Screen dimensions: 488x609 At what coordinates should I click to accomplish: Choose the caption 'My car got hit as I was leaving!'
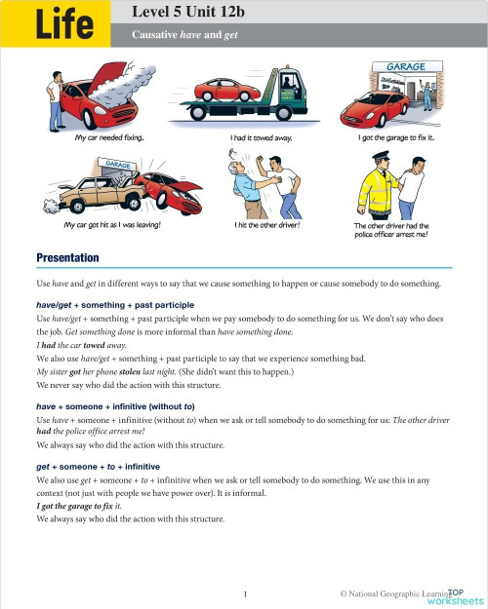(x=111, y=225)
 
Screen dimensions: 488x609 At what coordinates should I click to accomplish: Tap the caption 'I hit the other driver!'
(x=266, y=225)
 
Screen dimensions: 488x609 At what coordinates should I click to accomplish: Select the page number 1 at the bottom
(x=245, y=591)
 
